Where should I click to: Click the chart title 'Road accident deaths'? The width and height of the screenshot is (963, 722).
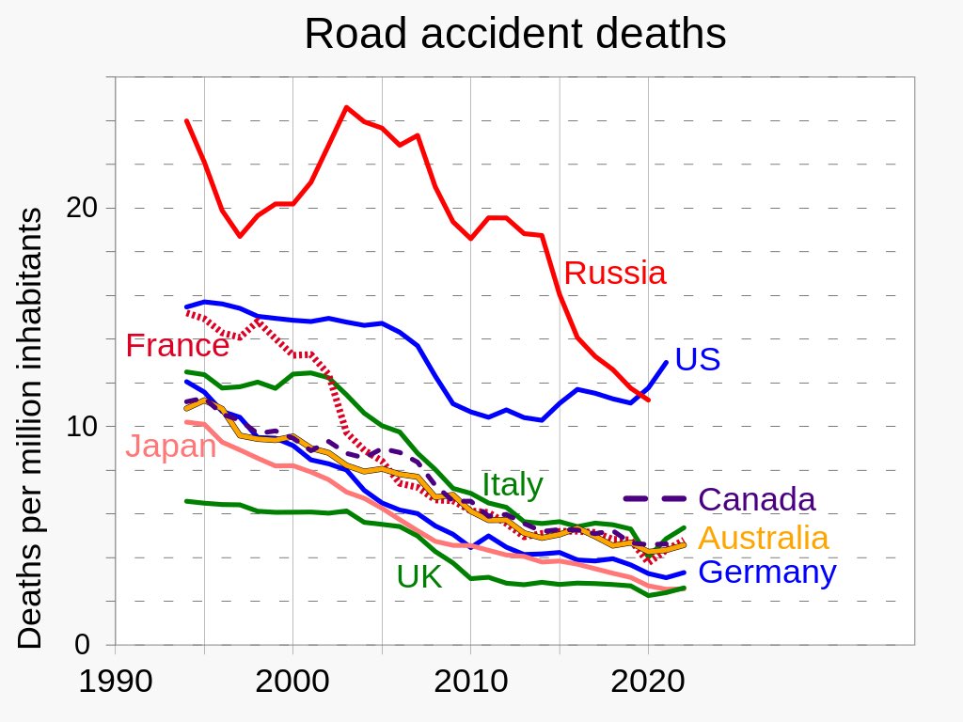tap(515, 35)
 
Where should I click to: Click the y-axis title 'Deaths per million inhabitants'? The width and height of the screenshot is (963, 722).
tap(31, 428)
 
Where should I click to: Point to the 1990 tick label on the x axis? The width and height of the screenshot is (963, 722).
tap(115, 681)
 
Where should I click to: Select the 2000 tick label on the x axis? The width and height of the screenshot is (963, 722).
tap(292, 681)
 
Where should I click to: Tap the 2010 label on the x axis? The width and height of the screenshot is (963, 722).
tap(470, 681)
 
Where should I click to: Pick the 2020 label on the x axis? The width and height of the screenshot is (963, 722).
tap(648, 681)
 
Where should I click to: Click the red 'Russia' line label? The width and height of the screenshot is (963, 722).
tap(615, 274)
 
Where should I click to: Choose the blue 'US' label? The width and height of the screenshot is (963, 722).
tap(698, 359)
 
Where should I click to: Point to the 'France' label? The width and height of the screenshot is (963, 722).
tap(177, 346)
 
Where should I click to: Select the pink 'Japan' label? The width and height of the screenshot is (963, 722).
tap(171, 446)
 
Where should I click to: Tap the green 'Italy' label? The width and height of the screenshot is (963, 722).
tap(513, 485)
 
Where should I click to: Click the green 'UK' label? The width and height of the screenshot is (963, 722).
tap(419, 576)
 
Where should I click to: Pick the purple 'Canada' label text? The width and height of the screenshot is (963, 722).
tap(757, 499)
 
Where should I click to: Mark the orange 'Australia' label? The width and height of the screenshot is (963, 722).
tap(765, 538)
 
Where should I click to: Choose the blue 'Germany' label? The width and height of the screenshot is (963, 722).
tap(768, 572)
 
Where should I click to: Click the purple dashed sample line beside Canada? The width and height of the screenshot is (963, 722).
tap(655, 499)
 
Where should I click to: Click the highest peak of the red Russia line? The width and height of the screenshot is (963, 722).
tap(346, 107)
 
